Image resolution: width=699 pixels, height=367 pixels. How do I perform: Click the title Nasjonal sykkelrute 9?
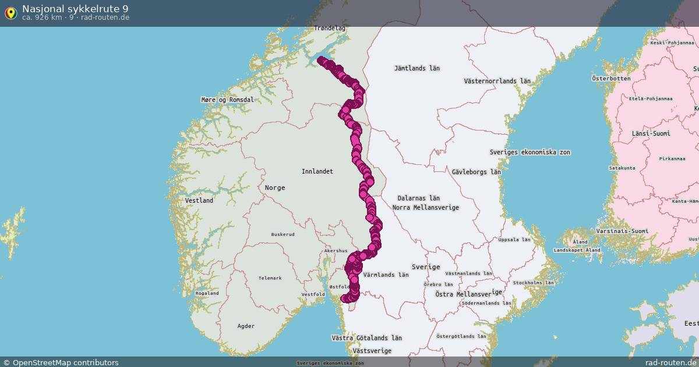(76, 8)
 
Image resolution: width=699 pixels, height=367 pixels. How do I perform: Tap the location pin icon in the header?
(10, 12)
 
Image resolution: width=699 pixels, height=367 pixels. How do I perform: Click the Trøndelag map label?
(330, 28)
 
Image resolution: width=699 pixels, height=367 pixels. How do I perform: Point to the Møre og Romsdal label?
(227, 100)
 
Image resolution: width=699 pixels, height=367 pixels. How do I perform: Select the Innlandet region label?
(317, 171)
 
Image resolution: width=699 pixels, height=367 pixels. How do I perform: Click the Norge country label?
(275, 188)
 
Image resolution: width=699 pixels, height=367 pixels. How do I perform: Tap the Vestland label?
(199, 200)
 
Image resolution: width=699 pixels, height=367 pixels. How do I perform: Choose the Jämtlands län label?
(416, 68)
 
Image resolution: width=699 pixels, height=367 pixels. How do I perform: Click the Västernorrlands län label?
(497, 81)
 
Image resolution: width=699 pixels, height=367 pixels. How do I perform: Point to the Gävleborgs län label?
(476, 172)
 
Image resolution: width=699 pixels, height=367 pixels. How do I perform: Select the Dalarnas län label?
(418, 199)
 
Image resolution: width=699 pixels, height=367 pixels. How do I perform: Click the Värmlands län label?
(386, 274)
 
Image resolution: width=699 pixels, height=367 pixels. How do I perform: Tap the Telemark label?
(270, 278)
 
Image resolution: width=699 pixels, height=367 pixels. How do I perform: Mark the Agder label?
(246, 326)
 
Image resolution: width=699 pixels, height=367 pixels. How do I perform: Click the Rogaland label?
(207, 293)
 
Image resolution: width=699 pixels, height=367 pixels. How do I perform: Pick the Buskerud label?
(283, 234)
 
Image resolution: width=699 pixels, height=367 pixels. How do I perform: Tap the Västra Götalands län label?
(366, 338)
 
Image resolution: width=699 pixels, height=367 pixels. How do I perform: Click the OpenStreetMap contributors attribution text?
(65, 362)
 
